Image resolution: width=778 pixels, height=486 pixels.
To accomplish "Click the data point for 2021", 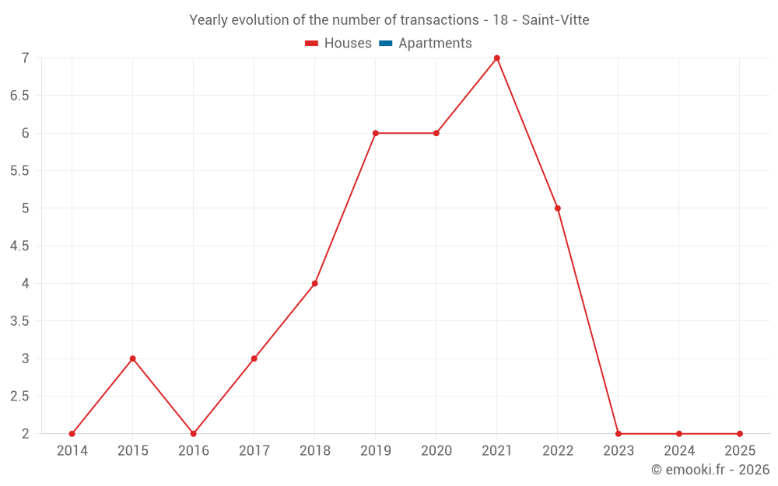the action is (496, 58).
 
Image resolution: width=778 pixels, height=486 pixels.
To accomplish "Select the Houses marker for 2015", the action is (132, 358).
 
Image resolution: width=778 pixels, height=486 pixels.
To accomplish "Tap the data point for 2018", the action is (314, 284).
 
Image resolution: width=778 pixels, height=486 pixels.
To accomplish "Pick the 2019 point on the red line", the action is (376, 133).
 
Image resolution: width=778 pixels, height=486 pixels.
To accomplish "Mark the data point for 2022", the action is (558, 208).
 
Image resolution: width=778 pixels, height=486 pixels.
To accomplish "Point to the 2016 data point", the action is (194, 434).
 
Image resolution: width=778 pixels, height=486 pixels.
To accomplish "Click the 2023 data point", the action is (619, 434).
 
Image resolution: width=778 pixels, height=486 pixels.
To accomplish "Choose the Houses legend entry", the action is (338, 43).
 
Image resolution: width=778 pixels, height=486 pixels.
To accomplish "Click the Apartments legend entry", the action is (426, 43).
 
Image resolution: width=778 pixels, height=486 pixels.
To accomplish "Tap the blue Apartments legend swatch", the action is (386, 44).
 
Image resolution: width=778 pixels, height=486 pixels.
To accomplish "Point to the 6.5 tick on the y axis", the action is (19, 95).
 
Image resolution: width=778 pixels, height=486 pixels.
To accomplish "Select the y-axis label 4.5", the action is (19, 246).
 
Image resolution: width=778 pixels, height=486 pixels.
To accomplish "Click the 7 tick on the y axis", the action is (26, 58).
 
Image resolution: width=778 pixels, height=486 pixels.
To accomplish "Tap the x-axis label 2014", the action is (72, 450).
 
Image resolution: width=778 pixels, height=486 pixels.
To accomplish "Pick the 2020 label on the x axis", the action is (436, 450).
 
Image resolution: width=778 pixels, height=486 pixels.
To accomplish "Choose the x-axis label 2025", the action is (740, 450).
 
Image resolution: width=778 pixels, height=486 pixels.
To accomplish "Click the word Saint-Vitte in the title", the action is (555, 20).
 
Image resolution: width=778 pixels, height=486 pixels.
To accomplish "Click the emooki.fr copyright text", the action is (710, 469).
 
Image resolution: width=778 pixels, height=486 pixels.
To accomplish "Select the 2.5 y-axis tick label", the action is (19, 397).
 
